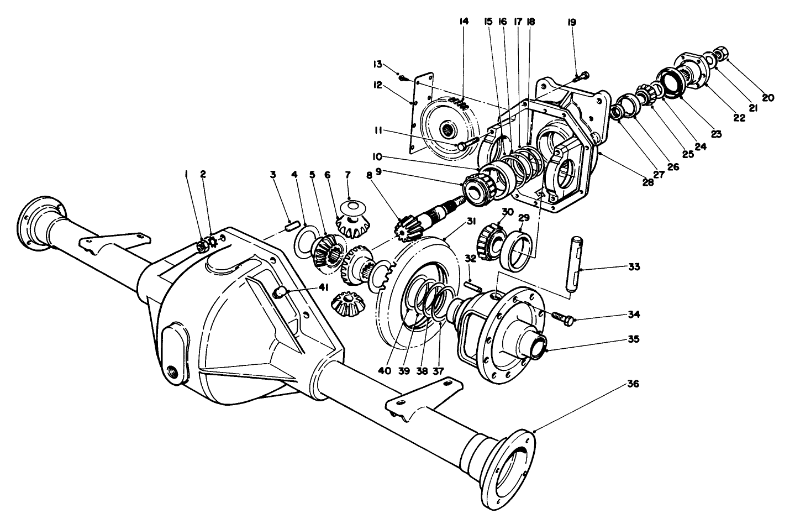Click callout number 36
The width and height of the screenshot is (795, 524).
pyautogui.click(x=633, y=384)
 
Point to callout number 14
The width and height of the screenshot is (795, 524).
pyautogui.click(x=463, y=22)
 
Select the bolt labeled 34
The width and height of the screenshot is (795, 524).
pyautogui.click(x=559, y=317)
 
